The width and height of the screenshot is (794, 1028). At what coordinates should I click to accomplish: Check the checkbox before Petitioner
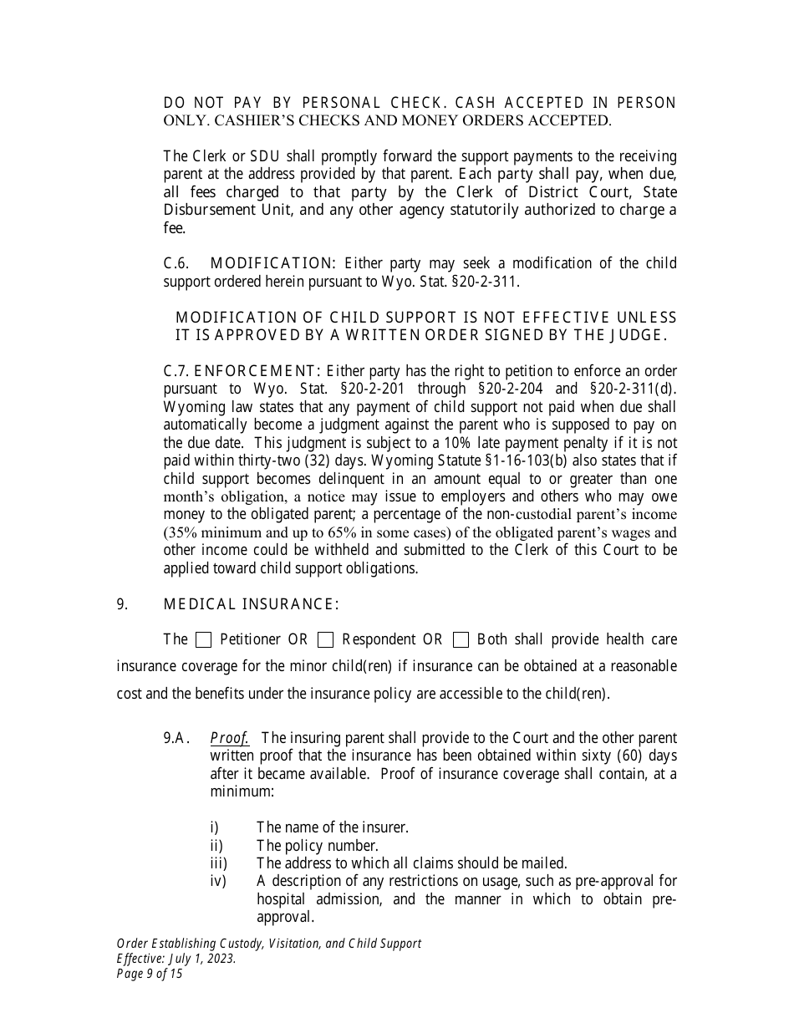[x=203, y=640]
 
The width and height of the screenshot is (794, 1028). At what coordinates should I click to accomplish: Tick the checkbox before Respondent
[x=326, y=640]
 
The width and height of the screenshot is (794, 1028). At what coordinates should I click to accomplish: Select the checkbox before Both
[x=461, y=640]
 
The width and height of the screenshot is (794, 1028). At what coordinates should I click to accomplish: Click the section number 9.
[x=122, y=604]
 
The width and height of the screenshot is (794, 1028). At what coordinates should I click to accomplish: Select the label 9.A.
[x=177, y=738]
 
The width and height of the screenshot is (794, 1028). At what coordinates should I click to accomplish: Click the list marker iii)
[x=218, y=863]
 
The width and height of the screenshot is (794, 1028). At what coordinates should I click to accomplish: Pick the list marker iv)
[x=218, y=881]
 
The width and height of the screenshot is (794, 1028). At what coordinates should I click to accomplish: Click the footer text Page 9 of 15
[x=149, y=973]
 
